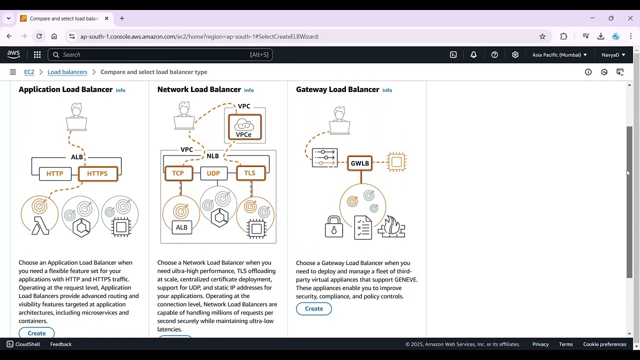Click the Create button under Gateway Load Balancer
tap(313, 308)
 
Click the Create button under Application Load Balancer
tap(36, 333)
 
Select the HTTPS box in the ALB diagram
tap(97, 173)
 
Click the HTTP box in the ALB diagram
tap(55, 173)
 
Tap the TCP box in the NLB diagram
tap(178, 173)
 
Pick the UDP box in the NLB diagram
tap(213, 173)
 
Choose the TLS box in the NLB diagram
tap(250, 173)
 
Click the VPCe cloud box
tap(244, 127)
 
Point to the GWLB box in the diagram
tap(360, 163)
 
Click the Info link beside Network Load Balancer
tap(248, 90)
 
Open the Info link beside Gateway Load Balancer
tap(387, 90)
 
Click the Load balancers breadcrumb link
tap(67, 72)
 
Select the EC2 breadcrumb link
tap(29, 72)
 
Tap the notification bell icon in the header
tap(473, 54)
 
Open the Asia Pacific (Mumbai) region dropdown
tap(559, 54)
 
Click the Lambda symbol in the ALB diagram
tap(40, 225)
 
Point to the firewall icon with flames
tap(391, 227)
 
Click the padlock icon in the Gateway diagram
tap(333, 227)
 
